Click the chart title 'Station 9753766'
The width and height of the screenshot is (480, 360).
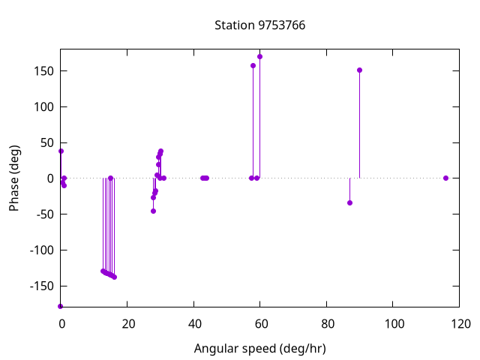pyautogui.click(x=259, y=25)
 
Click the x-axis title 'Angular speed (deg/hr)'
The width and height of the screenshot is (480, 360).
pyautogui.click(x=259, y=349)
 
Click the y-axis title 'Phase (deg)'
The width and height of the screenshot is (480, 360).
pyautogui.click(x=14, y=178)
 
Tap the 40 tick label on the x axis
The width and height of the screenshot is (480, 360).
pyautogui.click(x=193, y=324)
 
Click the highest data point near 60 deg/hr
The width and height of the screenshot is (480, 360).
pyautogui.click(x=260, y=56)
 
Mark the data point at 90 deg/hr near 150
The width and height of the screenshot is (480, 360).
pyautogui.click(x=360, y=70)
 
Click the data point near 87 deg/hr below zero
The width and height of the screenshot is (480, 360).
pyautogui.click(x=349, y=202)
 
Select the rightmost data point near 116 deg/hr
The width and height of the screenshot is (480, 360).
pyautogui.click(x=445, y=178)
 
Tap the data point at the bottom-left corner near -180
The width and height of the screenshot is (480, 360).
pyautogui.click(x=61, y=306)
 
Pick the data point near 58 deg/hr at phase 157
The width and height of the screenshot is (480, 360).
pyautogui.click(x=253, y=65)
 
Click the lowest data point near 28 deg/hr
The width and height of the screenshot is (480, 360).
pyautogui.click(x=153, y=211)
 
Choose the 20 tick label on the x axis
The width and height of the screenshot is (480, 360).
pyautogui.click(x=127, y=324)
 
